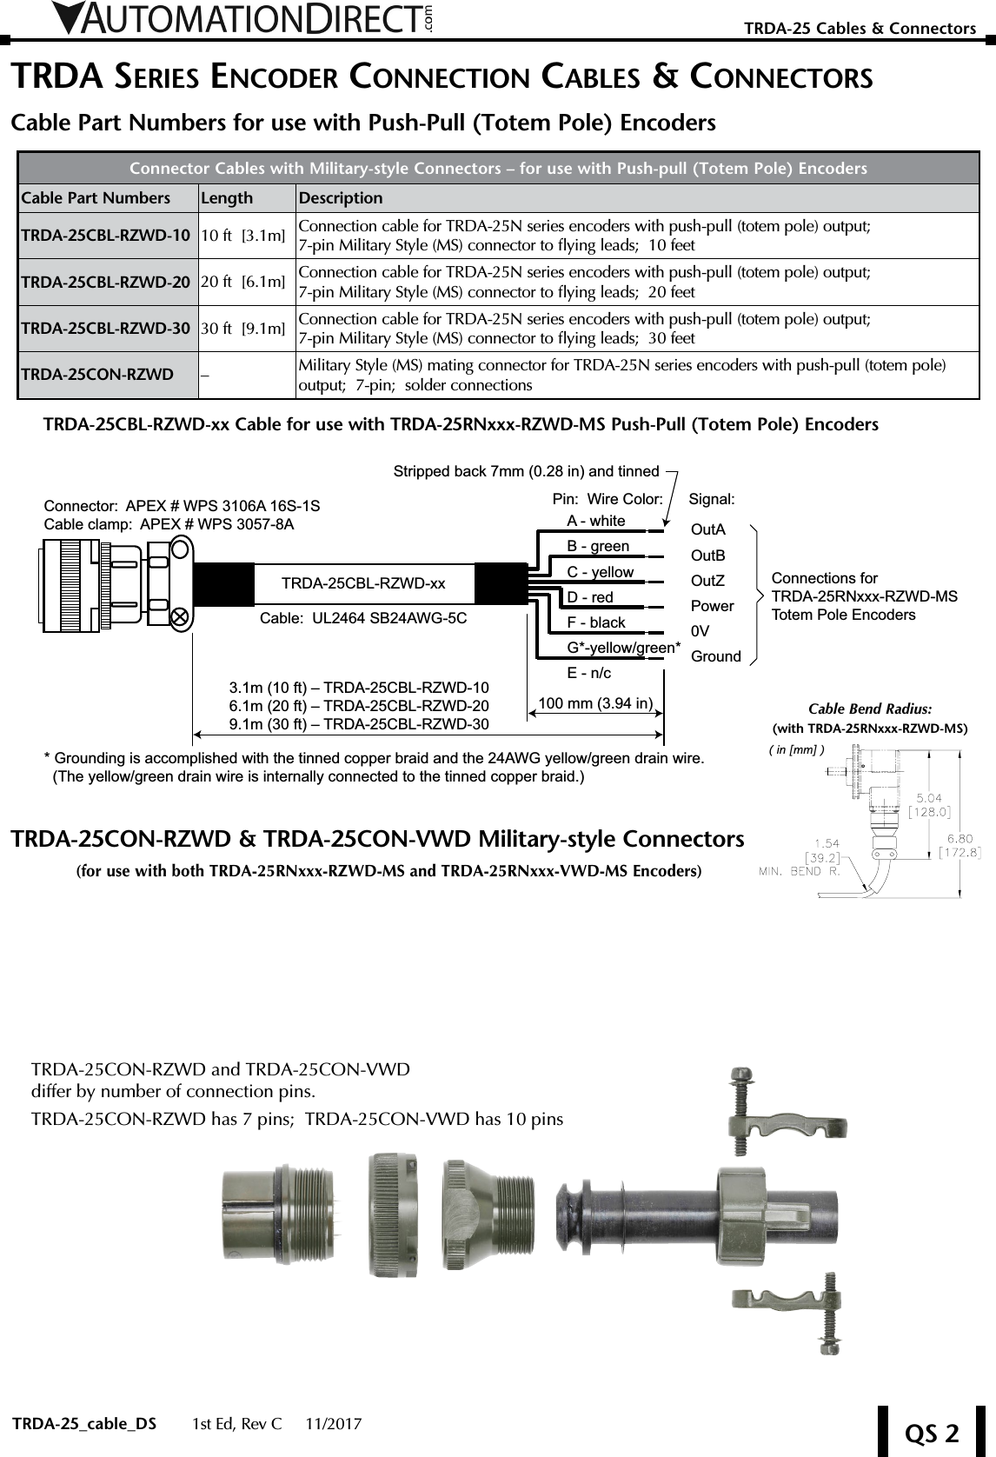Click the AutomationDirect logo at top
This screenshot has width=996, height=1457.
pyautogui.click(x=243, y=19)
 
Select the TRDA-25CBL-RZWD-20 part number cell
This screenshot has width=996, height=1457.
pyautogui.click(x=105, y=282)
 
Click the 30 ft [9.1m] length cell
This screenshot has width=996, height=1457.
pyautogui.click(x=242, y=329)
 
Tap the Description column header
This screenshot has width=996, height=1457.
pyautogui.click(x=341, y=198)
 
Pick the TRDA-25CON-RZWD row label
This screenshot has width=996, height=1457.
pyautogui.click(x=96, y=375)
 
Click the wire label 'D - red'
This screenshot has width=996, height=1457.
pyautogui.click(x=590, y=597)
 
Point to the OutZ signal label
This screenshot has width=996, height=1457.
pyautogui.click(x=707, y=581)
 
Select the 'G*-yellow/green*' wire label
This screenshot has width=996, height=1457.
pyautogui.click(x=623, y=648)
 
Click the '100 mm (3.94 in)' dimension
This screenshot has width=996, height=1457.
pyautogui.click(x=596, y=702)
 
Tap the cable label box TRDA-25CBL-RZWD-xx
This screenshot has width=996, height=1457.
pyautogui.click(x=363, y=583)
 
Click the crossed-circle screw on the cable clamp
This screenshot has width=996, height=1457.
pyautogui.click(x=180, y=616)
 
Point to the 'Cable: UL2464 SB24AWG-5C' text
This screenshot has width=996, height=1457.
pyautogui.click(x=363, y=619)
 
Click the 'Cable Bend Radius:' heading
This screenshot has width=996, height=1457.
pyautogui.click(x=870, y=709)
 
